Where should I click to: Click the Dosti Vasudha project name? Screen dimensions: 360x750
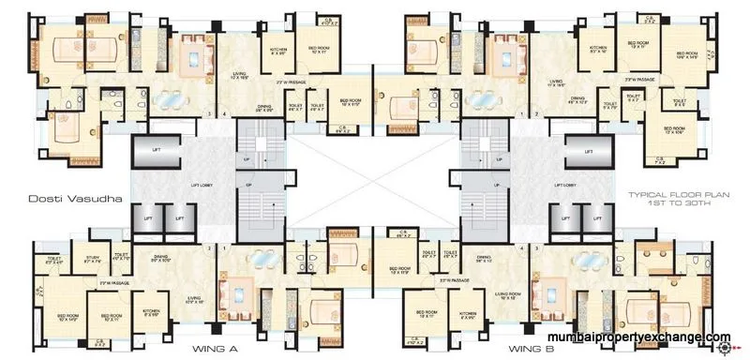(63, 198)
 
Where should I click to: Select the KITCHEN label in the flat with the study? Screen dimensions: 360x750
(151, 312)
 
